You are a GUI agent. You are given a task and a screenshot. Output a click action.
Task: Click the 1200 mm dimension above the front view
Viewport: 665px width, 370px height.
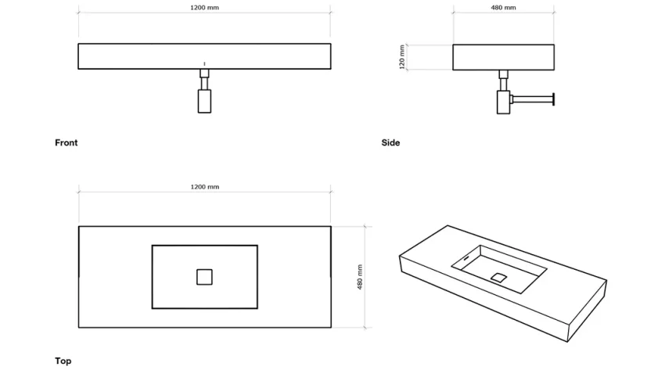pos(204,8)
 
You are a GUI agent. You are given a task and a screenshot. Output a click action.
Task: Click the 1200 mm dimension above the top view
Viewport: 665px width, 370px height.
pos(204,187)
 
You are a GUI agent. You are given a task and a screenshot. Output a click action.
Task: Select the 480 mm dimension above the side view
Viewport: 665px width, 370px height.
pos(503,8)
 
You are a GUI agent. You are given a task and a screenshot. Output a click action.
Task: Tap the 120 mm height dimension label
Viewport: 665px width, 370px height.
pos(402,57)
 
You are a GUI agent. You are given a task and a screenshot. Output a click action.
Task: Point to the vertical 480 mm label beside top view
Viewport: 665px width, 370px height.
pos(360,275)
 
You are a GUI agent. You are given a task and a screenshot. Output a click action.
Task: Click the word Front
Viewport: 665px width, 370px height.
pos(66,142)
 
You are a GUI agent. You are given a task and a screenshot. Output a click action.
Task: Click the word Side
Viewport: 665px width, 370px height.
pos(390,142)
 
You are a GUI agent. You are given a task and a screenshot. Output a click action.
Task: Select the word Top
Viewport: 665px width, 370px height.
pos(63,361)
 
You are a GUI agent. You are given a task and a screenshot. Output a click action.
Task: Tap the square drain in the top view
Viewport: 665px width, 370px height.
pos(204,276)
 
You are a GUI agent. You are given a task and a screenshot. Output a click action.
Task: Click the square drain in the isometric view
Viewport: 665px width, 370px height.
pos(498,276)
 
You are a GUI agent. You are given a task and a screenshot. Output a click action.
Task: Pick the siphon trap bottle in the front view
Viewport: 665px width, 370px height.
pos(204,101)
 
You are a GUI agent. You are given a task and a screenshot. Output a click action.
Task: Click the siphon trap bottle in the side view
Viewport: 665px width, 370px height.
pos(503,102)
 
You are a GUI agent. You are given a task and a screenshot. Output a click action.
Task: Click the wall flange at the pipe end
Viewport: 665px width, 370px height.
pos(553,99)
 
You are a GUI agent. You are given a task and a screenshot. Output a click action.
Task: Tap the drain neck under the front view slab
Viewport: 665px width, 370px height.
pos(204,78)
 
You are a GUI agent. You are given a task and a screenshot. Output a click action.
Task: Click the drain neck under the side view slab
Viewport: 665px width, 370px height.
pos(504,79)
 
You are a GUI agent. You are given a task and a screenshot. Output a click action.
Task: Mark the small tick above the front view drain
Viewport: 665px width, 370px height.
pos(204,63)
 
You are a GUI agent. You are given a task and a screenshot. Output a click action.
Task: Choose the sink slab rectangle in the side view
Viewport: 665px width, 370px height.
pos(503,56)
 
